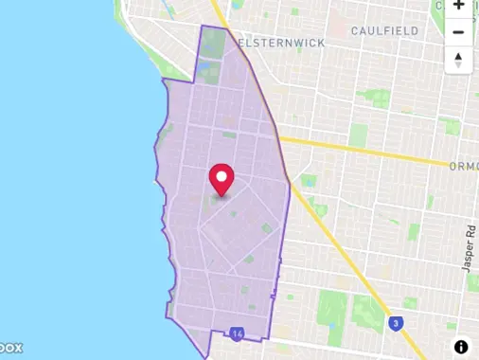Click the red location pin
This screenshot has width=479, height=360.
[222, 177]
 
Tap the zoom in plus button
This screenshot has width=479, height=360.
[458, 5]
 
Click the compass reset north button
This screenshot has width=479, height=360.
[458, 60]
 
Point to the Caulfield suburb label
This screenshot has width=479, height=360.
[385, 31]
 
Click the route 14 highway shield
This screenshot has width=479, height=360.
[237, 333]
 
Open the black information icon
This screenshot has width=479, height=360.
[461, 347]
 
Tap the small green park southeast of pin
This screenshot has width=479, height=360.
[267, 228]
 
